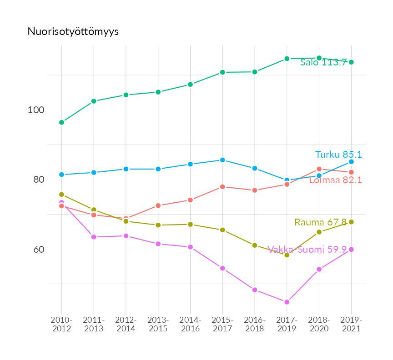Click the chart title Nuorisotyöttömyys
(x=73, y=31)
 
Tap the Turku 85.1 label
(x=338, y=155)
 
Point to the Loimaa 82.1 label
(x=335, y=180)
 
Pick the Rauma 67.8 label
(x=320, y=222)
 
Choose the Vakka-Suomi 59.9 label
(x=307, y=250)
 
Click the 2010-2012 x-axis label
(x=62, y=324)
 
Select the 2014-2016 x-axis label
(x=190, y=324)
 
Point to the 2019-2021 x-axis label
(x=351, y=324)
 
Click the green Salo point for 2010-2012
(x=61, y=122)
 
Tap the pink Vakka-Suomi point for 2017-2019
(x=287, y=302)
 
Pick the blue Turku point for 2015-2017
(x=222, y=160)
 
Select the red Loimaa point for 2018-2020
(x=319, y=169)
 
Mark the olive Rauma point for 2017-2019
(x=287, y=255)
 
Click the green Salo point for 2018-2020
(x=319, y=58)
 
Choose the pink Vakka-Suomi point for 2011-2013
(x=94, y=237)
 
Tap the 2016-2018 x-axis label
(x=255, y=324)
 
